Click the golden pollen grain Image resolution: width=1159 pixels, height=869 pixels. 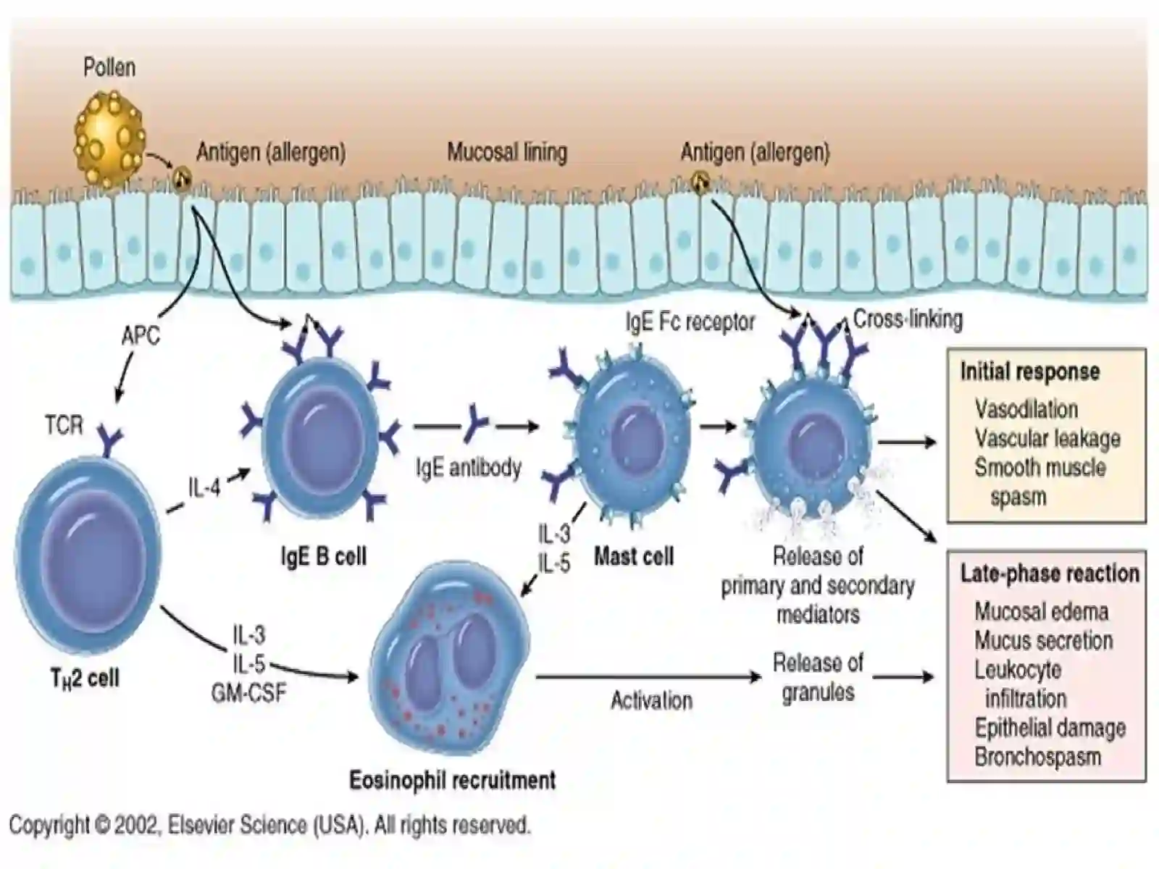click(110, 139)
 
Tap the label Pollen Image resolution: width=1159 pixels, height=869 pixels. click(109, 67)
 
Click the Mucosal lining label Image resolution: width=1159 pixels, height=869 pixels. click(507, 153)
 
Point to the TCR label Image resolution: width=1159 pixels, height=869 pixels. click(64, 425)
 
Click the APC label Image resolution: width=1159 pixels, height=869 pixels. click(141, 335)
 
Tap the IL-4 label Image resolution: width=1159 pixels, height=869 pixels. click(204, 487)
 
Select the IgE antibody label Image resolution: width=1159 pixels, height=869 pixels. click(469, 469)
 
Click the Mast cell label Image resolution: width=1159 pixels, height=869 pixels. click(634, 556)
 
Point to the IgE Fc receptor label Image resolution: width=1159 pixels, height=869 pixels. click(690, 322)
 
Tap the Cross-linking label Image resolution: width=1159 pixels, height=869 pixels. click(908, 319)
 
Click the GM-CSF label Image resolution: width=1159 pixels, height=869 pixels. click(248, 693)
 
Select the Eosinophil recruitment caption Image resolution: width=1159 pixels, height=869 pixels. click(453, 780)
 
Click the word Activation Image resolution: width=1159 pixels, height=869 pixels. click(651, 701)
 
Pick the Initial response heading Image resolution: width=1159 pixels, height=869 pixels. click(1029, 372)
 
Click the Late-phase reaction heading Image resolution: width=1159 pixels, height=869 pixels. click(1050, 574)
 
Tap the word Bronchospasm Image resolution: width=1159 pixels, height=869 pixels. click(1037, 757)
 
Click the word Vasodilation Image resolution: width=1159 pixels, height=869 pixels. click(1026, 409)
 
